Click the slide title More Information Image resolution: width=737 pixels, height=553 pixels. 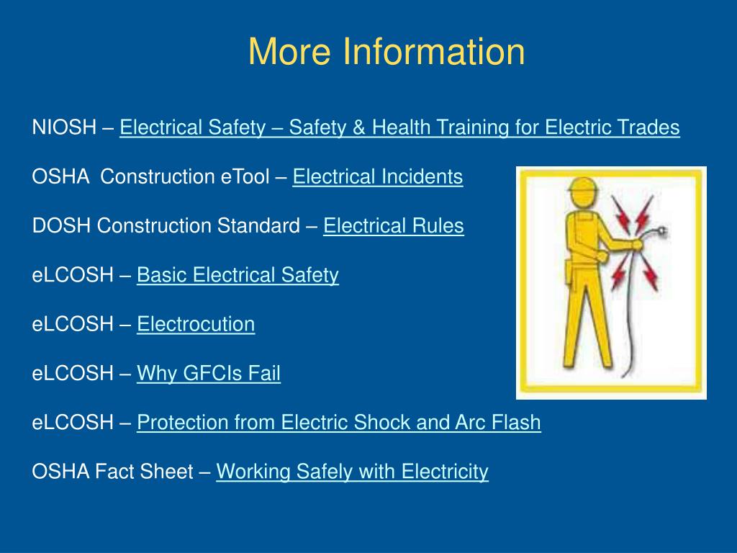click(386, 52)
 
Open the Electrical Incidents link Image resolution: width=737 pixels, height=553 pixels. click(377, 176)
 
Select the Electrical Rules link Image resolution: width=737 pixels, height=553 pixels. click(393, 226)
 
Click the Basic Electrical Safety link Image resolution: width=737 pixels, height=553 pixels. click(238, 275)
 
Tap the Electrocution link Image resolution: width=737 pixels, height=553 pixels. click(196, 324)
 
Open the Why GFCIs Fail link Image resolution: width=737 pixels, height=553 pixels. click(209, 373)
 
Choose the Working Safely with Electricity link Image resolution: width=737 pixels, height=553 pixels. click(352, 472)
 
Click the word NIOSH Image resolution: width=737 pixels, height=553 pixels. click(64, 128)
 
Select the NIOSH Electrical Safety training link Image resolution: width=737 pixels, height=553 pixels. click(399, 128)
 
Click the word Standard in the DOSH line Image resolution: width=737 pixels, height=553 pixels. click(258, 226)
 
